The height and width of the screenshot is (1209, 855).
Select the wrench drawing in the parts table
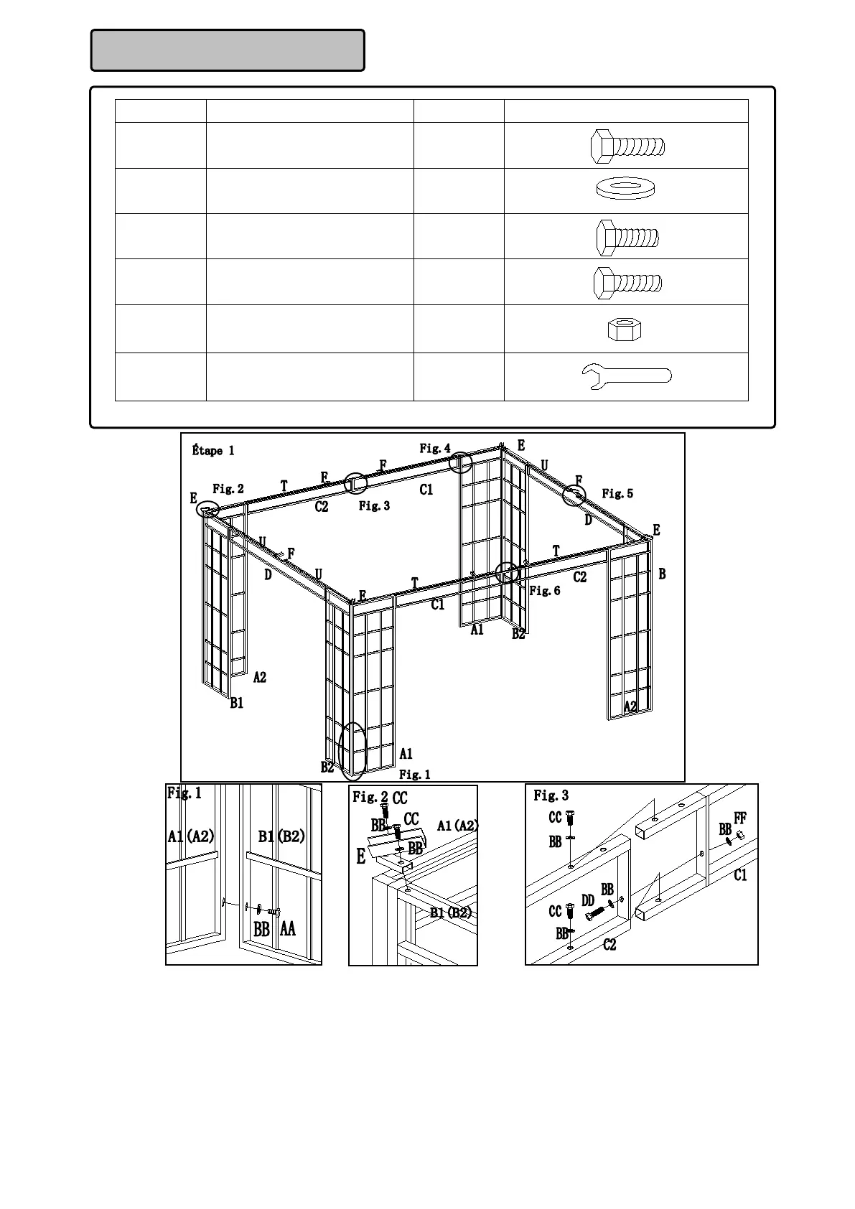pyautogui.click(x=625, y=375)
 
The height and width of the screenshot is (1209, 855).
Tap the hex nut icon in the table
pyautogui.click(x=624, y=330)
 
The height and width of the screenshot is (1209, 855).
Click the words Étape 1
pyautogui.click(x=213, y=451)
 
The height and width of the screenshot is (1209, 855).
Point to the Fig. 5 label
pyautogui.click(x=617, y=493)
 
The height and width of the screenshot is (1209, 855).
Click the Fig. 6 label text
pyautogui.click(x=545, y=591)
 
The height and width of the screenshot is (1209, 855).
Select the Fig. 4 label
pyautogui.click(x=435, y=449)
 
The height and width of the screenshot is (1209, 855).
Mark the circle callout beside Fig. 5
pyautogui.click(x=574, y=495)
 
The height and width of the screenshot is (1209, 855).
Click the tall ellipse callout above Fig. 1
pyautogui.click(x=352, y=751)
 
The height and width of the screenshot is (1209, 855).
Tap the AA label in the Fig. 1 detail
pyautogui.click(x=287, y=929)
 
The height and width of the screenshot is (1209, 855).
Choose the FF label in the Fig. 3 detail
pyautogui.click(x=740, y=818)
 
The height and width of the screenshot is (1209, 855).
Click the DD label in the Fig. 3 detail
pyautogui.click(x=588, y=900)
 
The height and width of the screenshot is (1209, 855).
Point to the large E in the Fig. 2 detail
pyautogui.click(x=361, y=856)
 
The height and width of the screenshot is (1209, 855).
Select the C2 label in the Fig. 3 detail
pyautogui.click(x=609, y=945)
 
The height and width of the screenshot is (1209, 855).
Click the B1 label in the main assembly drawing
pyautogui.click(x=237, y=704)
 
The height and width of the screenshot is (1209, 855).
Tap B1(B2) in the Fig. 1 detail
pyautogui.click(x=281, y=836)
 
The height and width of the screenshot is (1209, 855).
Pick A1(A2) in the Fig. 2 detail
pyautogui.click(x=457, y=826)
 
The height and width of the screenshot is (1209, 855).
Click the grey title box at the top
pyautogui.click(x=228, y=50)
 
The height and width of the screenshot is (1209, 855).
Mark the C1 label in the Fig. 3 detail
pyautogui.click(x=740, y=875)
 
